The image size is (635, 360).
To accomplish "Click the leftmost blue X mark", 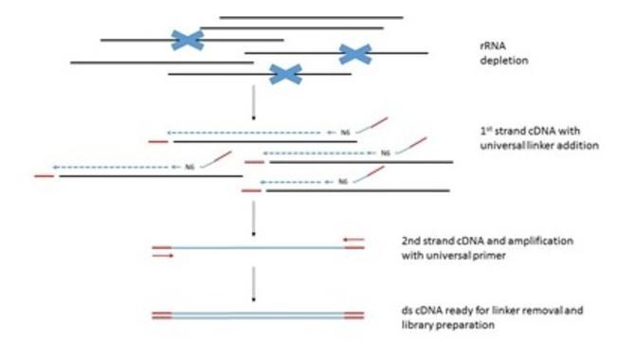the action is (187, 40).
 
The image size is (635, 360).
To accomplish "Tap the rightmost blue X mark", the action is (355, 54).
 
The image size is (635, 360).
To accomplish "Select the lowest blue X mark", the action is (285, 74).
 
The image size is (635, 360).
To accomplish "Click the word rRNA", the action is (493, 45).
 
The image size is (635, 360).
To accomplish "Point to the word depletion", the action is (504, 61).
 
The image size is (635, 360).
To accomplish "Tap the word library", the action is (416, 325).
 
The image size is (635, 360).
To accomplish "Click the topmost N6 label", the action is (345, 133).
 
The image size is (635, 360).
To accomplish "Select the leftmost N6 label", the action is (190, 167).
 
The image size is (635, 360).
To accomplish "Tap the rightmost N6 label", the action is (385, 153).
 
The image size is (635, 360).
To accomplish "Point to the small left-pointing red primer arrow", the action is (354, 240).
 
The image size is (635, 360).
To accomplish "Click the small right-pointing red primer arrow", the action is (163, 256).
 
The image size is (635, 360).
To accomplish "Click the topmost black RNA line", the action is (311, 17).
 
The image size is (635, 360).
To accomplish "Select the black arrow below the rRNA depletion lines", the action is (253, 102).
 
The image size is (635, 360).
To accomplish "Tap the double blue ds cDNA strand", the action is (258, 315).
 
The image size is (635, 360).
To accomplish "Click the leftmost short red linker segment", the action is (45, 176).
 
